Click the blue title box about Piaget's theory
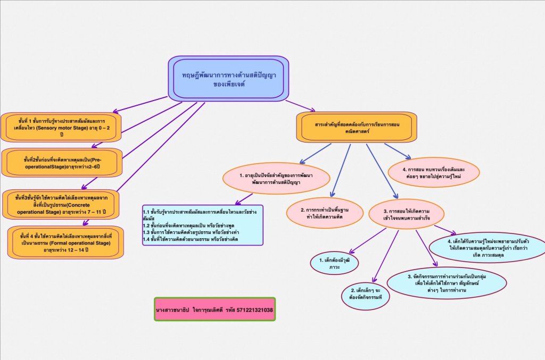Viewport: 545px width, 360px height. (228, 79)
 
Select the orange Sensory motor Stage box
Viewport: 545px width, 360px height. (61, 128)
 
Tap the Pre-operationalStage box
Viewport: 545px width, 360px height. (62, 162)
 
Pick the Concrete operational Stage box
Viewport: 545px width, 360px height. (61, 205)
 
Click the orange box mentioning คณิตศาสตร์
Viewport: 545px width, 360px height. (357, 127)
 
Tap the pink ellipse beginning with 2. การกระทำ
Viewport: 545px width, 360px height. (325, 213)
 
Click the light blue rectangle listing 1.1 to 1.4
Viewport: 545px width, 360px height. (203, 225)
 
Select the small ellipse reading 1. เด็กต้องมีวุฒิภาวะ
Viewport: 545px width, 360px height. (334, 263)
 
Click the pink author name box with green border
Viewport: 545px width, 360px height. (214, 309)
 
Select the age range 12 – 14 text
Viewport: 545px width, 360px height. (80, 249)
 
